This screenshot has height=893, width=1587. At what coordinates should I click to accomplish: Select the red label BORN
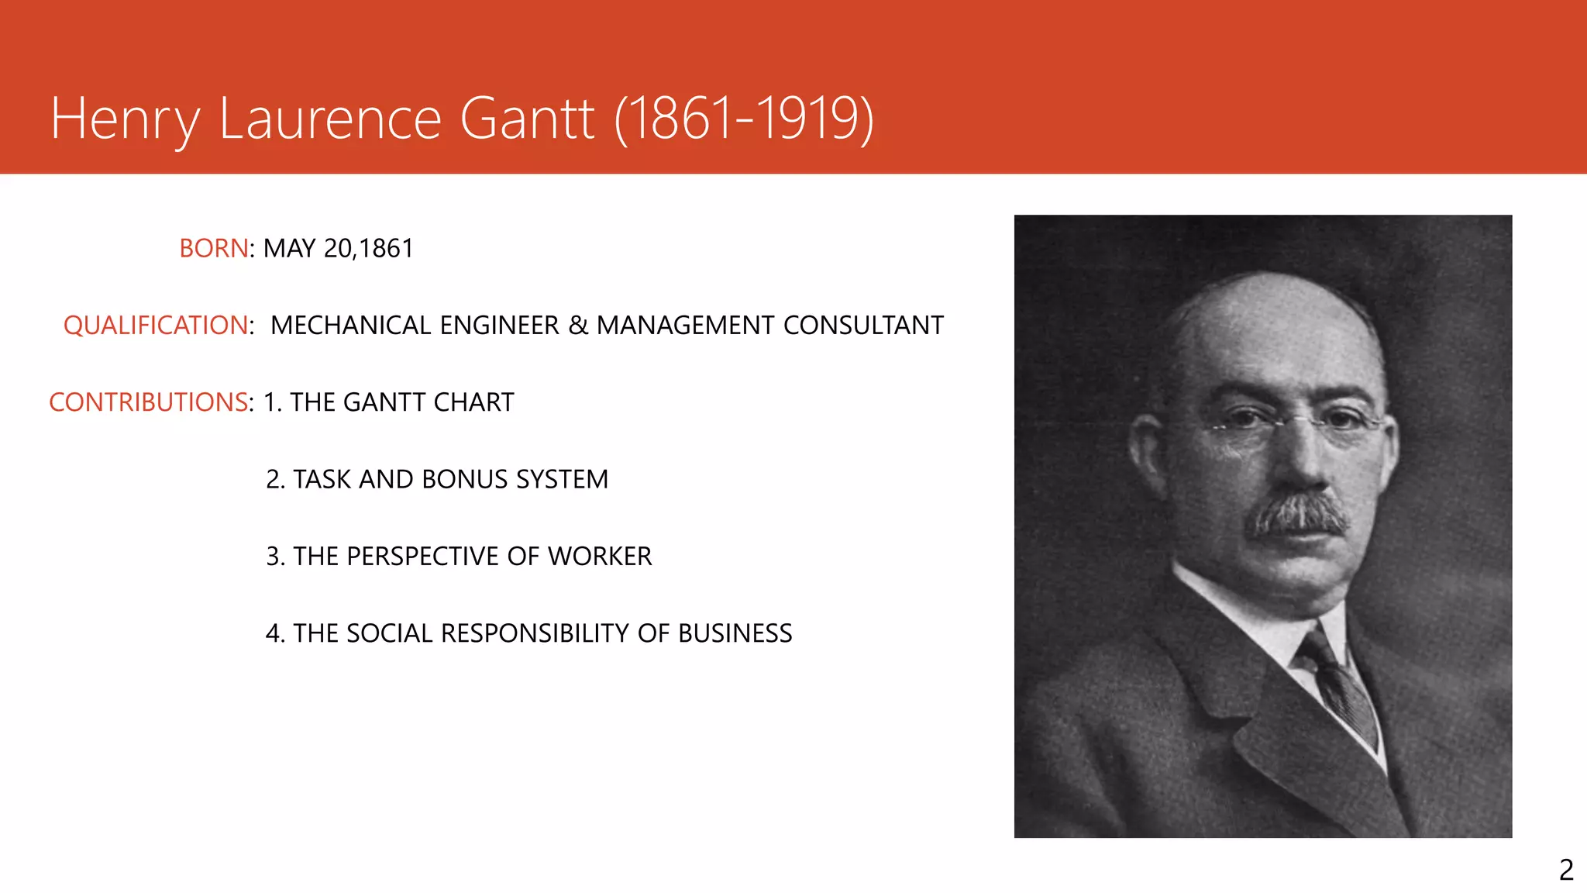click(x=214, y=248)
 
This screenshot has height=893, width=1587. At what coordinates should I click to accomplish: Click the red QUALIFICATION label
click(x=157, y=325)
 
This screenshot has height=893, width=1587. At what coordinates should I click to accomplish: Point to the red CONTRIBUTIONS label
click(x=148, y=402)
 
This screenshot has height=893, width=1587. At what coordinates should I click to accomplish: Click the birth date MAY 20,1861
click(x=339, y=248)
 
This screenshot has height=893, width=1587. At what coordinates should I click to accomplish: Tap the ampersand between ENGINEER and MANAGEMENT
click(x=578, y=325)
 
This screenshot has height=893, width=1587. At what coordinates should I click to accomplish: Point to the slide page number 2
click(x=1566, y=870)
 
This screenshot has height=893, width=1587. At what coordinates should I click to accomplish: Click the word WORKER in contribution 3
click(x=600, y=556)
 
